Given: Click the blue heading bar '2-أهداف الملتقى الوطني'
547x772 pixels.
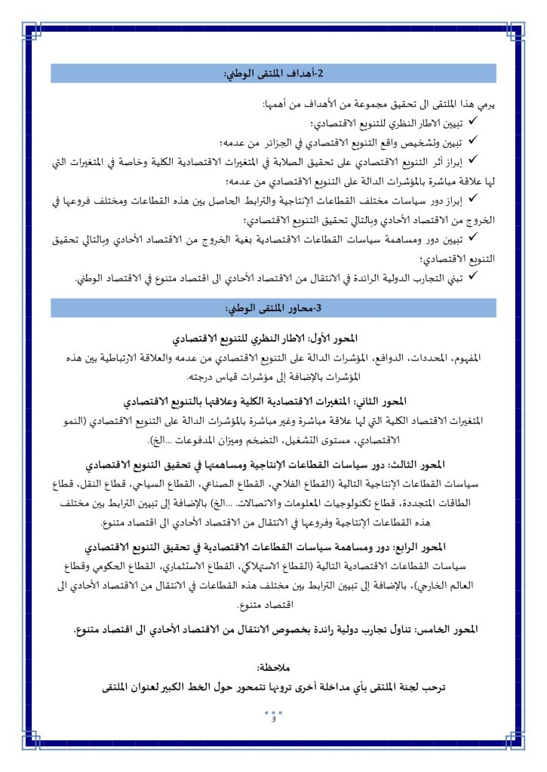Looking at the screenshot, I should point(273,73).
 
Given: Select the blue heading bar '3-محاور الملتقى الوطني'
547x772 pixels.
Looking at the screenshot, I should point(273,309).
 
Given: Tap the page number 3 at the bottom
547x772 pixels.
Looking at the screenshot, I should point(273,718).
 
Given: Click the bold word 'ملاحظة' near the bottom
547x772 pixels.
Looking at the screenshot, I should point(274,668).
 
